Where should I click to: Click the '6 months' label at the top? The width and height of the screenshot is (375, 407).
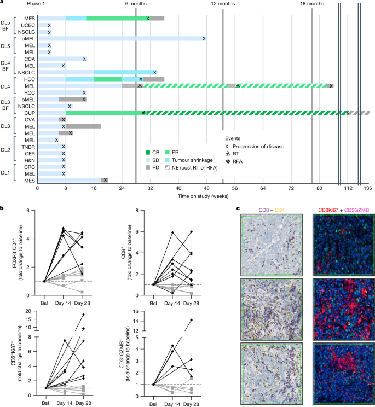tap(136, 4)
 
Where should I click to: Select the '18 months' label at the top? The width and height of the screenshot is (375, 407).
tap(312, 4)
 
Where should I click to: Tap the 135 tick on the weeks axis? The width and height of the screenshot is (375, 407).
tap(368, 187)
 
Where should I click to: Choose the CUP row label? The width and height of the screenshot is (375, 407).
tap(30, 113)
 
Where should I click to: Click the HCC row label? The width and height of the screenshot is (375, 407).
tap(30, 79)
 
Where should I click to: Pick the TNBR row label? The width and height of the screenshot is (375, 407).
tap(28, 147)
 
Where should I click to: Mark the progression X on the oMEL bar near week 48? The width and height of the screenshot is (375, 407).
tap(204, 39)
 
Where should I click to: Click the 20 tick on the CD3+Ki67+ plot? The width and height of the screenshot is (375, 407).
tap(28, 311)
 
